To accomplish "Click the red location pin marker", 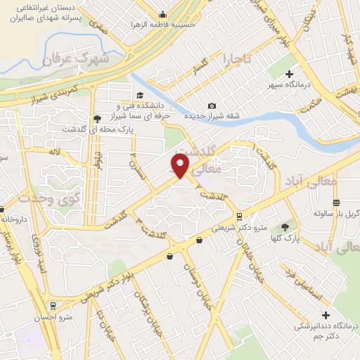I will click(181, 165).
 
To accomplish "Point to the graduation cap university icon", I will click(139, 95).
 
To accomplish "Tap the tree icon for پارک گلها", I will click(285, 226).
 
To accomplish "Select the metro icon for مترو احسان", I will click(52, 306).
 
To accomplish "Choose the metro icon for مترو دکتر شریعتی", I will click(240, 216).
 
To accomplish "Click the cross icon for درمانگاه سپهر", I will click(289, 73).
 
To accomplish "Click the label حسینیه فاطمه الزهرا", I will click(162, 24).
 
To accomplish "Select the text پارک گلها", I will click(307, 239).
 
